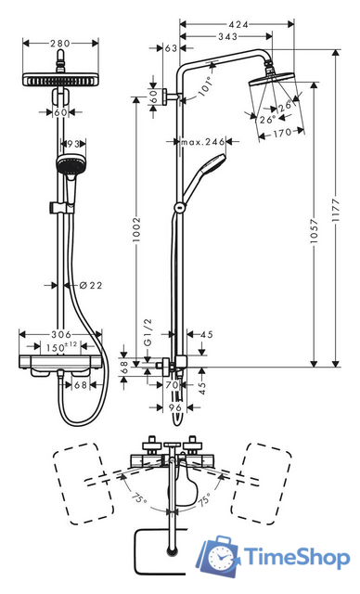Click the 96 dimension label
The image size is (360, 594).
[x=176, y=407]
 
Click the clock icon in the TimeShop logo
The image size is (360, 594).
[x=223, y=558]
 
